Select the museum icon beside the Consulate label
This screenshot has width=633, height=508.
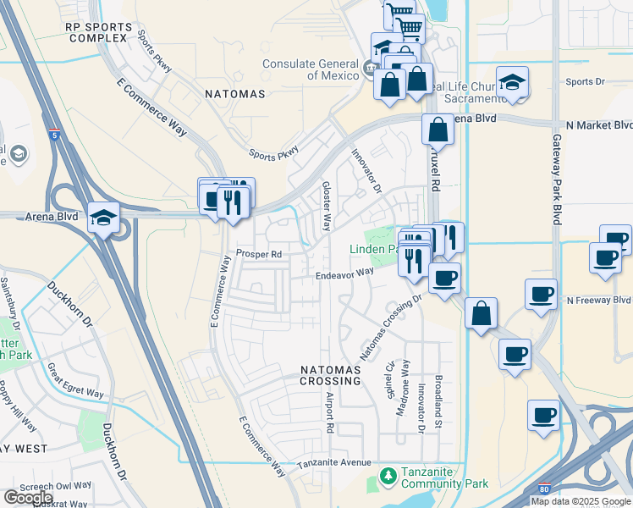(x=369, y=68)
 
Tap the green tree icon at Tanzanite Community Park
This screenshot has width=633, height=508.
(x=388, y=477)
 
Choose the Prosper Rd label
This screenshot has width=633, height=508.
(x=258, y=253)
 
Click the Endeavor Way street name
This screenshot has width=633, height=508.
(x=344, y=273)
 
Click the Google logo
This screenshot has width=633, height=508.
(x=27, y=498)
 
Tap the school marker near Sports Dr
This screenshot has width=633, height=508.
(x=512, y=83)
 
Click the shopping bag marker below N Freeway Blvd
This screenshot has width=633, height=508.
(x=481, y=313)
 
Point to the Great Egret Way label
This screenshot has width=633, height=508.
(x=75, y=383)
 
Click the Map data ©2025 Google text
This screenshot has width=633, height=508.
(x=581, y=501)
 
